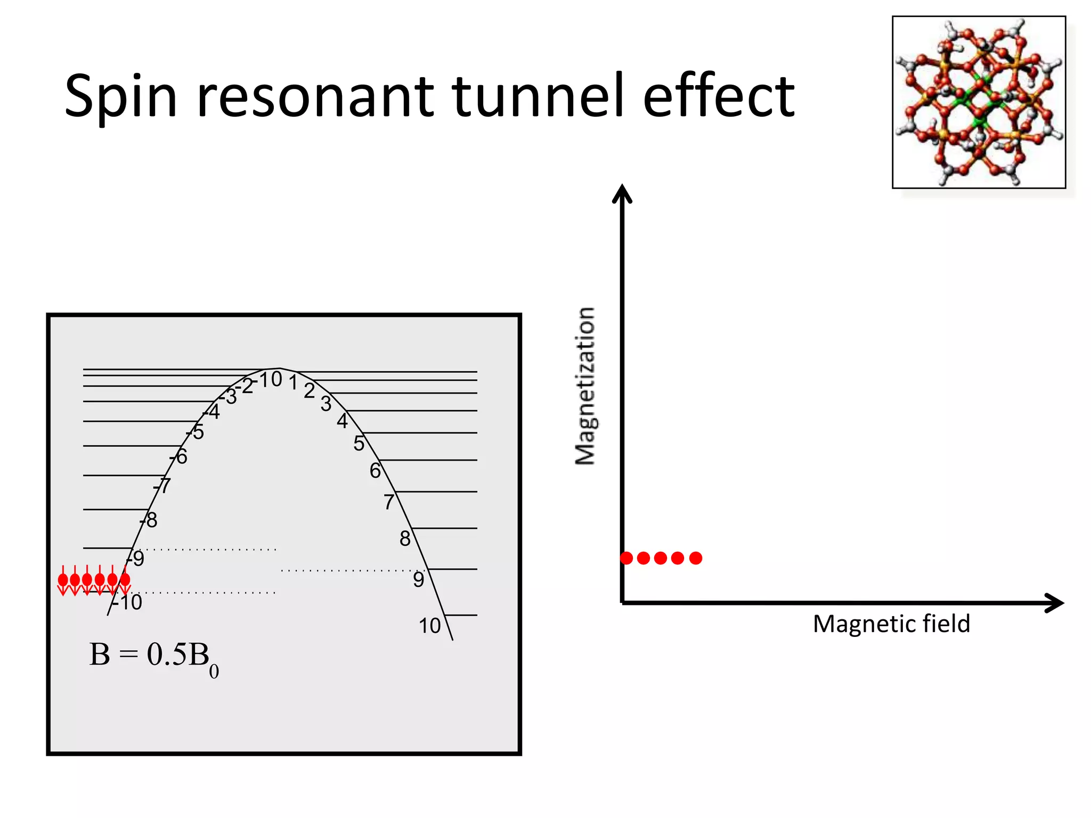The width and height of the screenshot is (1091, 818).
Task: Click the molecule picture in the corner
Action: pyautogui.click(x=979, y=102)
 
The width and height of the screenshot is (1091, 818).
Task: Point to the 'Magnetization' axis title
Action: pyautogui.click(x=585, y=386)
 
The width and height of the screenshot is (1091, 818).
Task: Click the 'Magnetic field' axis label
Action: pyautogui.click(x=891, y=624)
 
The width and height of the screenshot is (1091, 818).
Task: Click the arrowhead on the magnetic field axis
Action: pyautogui.click(x=1054, y=603)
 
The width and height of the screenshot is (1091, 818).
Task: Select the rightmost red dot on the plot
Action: pyautogui.click(x=696, y=558)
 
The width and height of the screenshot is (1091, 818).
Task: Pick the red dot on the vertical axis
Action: pyautogui.click(x=626, y=558)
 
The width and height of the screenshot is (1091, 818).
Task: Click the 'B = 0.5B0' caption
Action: pyautogui.click(x=154, y=657)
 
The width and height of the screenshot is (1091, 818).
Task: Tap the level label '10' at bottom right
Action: pyautogui.click(x=429, y=626)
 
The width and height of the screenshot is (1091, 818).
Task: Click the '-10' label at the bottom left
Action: pyautogui.click(x=128, y=602)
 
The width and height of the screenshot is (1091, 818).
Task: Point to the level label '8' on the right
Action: pyautogui.click(x=405, y=539)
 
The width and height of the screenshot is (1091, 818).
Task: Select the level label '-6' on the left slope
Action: pyautogui.click(x=179, y=456)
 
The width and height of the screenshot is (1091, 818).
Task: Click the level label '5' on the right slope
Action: pyautogui.click(x=359, y=443)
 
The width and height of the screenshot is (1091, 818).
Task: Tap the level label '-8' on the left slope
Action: pyautogui.click(x=149, y=520)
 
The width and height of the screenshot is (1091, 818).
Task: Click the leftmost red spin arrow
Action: pyautogui.click(x=63, y=582)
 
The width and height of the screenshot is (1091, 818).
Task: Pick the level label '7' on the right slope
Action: pyautogui.click(x=389, y=502)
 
